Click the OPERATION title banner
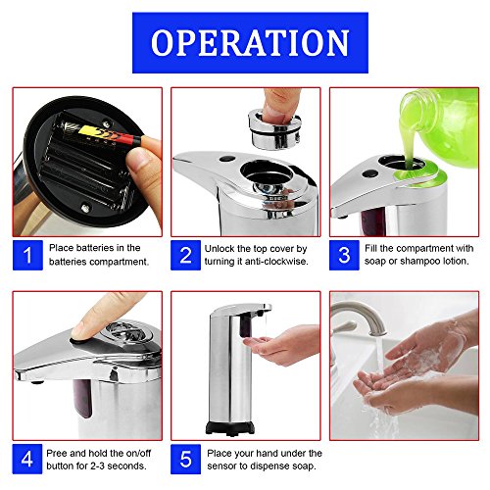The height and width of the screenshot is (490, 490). pos(250,43)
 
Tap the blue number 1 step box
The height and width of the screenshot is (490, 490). pos(27,255)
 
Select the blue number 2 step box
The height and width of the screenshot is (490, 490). pos(185,255)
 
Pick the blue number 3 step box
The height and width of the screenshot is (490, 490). pos(344,255)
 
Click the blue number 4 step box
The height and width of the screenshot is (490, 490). pos(27,459)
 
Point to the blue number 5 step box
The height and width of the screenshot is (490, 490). pos(185,459)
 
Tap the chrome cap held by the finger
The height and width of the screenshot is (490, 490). pos(274,128)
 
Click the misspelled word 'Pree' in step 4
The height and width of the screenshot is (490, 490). pos(57,453)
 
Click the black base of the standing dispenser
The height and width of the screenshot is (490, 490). pos(230,428)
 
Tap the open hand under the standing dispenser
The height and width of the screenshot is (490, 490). pos(281,346)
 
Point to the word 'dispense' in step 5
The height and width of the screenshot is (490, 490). pos(275,466)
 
